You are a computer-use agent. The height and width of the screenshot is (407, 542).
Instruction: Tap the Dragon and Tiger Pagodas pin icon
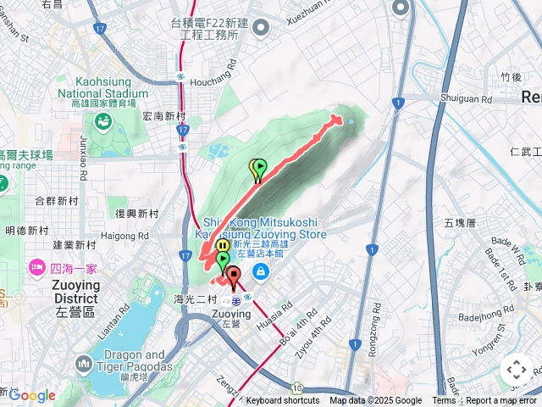click(83, 365)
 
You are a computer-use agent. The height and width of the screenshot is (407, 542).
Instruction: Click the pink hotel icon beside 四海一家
click(36, 268)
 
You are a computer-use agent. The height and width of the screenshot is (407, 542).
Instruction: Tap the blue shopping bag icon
click(261, 271)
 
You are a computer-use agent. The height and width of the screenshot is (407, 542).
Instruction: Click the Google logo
click(31, 395)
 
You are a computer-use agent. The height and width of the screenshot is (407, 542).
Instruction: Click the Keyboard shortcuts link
click(283, 401)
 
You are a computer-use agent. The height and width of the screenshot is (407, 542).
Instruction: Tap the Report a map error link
click(501, 401)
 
